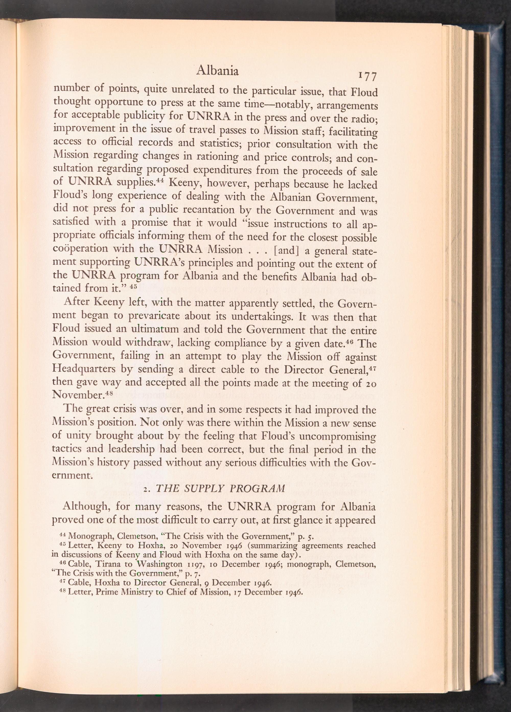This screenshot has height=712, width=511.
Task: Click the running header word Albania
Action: (217, 72)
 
